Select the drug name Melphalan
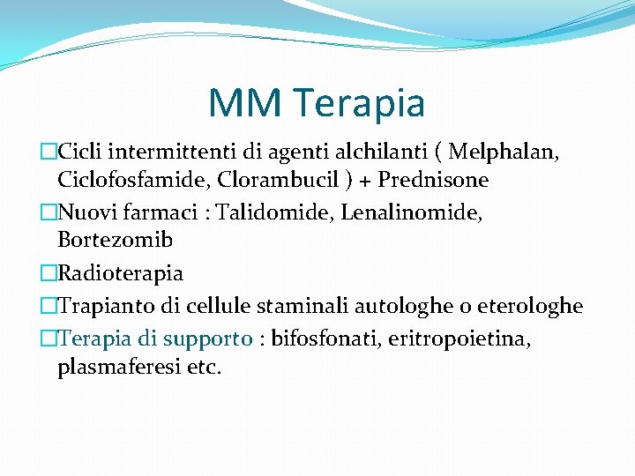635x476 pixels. pyautogui.click(x=503, y=152)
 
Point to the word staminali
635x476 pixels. pyautogui.click(x=299, y=306)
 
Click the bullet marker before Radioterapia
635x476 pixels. pyautogui.click(x=49, y=272)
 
